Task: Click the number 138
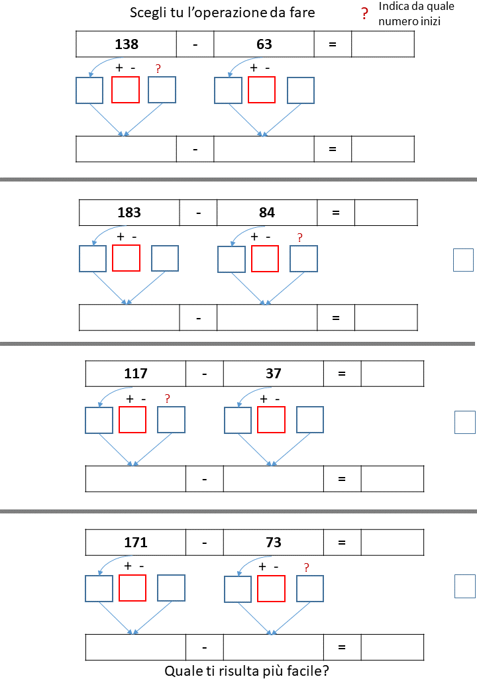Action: click(127, 44)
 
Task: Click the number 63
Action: click(264, 44)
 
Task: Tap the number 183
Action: click(129, 213)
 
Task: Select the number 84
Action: click(266, 213)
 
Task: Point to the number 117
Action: click(135, 374)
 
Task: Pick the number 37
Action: click(273, 374)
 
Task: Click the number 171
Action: click(135, 542)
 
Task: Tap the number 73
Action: click(273, 542)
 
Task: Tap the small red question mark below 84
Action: click(300, 238)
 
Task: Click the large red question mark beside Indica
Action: click(364, 14)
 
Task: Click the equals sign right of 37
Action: click(342, 374)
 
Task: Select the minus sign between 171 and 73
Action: click(204, 543)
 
